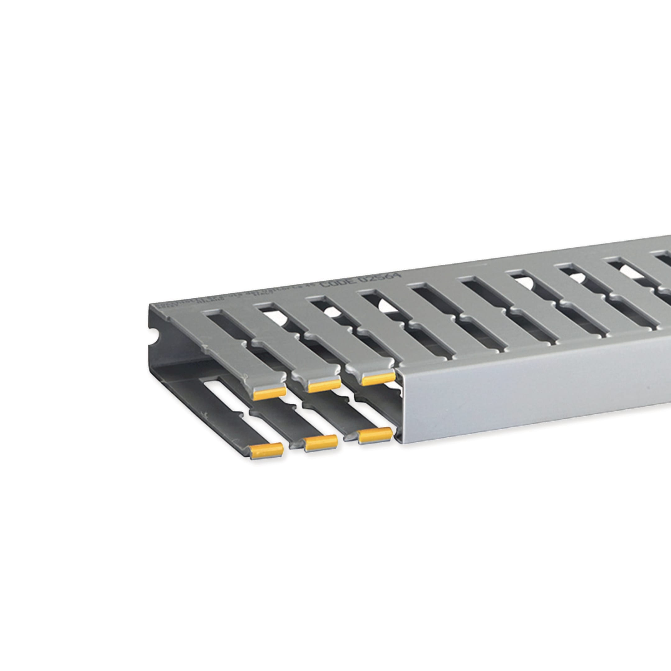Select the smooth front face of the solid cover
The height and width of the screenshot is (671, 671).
click(538, 392)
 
